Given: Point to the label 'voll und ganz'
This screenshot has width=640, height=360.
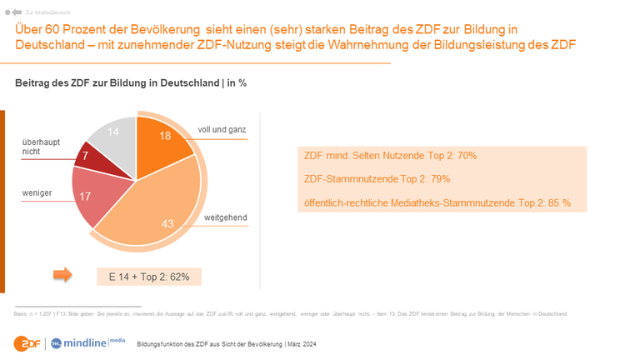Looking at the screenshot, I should (x=222, y=131).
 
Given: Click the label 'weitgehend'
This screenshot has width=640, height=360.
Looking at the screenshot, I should (x=225, y=217).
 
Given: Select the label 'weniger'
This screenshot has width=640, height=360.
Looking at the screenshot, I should (x=37, y=192).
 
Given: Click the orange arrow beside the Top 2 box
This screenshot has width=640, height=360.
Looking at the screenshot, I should (x=63, y=275).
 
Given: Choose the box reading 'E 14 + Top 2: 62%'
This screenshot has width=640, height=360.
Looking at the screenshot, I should (x=148, y=276).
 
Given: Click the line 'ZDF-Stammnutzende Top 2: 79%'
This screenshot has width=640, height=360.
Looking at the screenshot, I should (x=372, y=179).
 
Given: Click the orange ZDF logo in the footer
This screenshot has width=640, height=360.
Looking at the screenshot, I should (x=26, y=342).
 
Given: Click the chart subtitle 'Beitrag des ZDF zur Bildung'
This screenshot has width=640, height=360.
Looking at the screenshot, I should (x=130, y=83).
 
